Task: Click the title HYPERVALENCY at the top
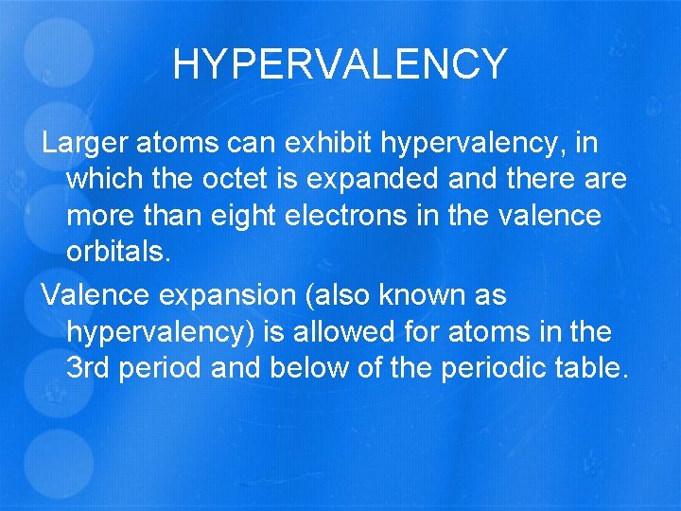[340, 64]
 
